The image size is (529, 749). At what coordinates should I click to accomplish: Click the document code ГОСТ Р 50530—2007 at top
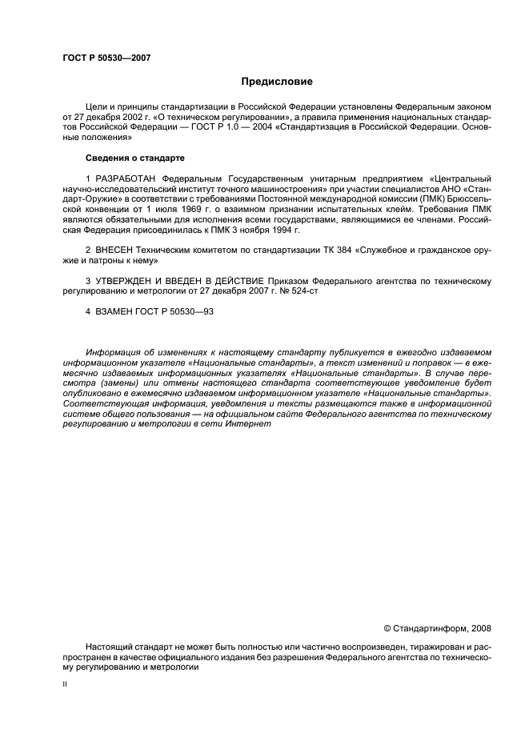106,57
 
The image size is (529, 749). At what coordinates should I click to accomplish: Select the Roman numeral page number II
65,685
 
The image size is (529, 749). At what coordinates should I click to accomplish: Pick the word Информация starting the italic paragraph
111,352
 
